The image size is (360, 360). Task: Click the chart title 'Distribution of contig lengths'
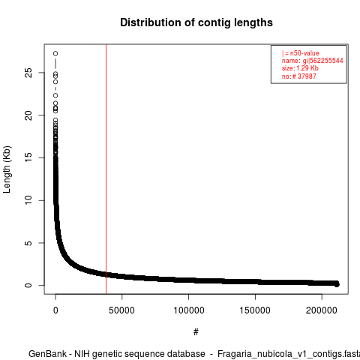[196, 22]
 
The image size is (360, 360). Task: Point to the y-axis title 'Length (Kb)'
[7, 169]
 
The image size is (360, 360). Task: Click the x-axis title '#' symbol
[196, 332]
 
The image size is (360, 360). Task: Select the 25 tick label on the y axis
[28, 73]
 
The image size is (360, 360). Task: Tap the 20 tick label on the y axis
[28, 115]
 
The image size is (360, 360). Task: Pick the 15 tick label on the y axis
[28, 157]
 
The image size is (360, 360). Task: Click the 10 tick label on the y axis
[28, 200]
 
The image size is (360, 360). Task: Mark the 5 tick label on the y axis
[28, 243]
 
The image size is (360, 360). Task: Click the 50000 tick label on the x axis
[121, 310]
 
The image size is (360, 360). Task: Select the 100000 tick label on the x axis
[189, 310]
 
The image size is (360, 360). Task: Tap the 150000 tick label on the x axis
[255, 310]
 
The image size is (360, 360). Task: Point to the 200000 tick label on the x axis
[322, 310]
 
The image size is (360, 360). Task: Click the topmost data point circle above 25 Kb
[55, 53]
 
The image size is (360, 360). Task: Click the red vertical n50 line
[106, 169]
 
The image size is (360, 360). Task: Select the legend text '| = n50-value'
[301, 53]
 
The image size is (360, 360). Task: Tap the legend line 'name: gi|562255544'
[313, 61]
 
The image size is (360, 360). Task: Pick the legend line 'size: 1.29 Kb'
[300, 68]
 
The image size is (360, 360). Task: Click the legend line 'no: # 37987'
[299, 76]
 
